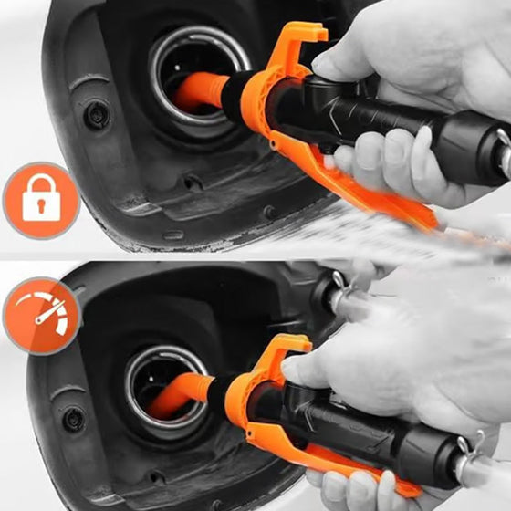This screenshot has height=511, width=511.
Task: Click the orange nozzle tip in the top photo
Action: click(201, 91)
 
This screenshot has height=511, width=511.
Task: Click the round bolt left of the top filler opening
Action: click(93, 116)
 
